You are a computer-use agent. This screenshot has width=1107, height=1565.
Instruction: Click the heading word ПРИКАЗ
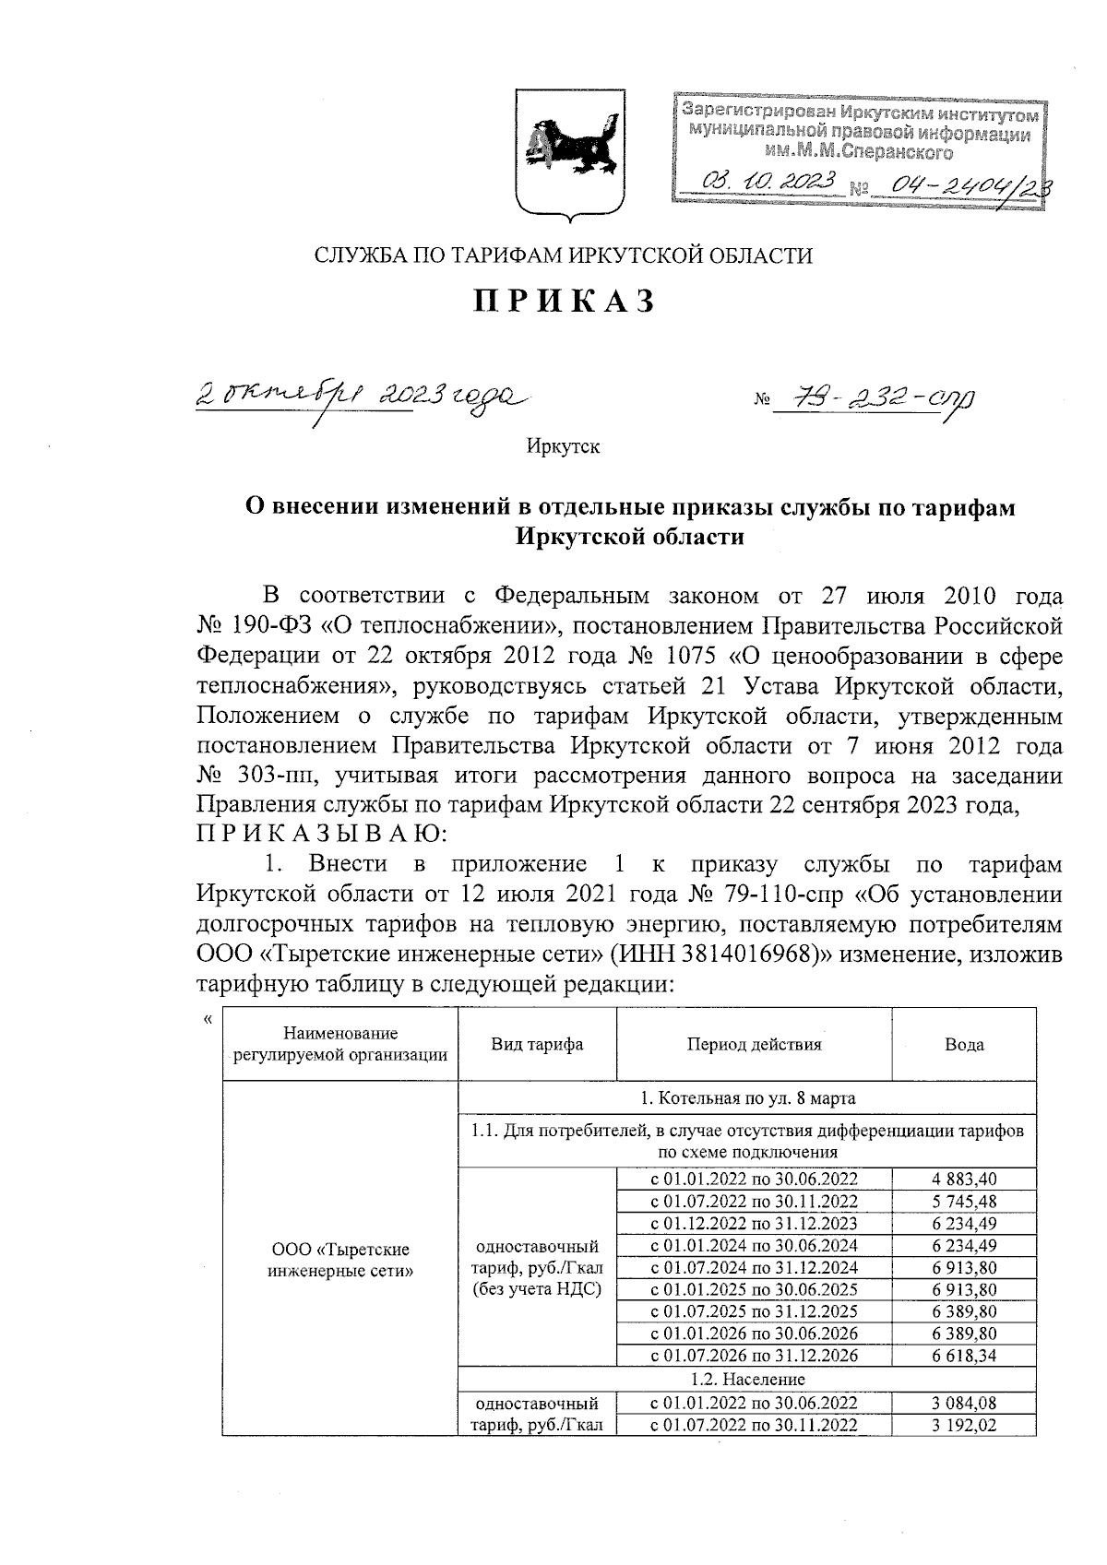coord(565,302)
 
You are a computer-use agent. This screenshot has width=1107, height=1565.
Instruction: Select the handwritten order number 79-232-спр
coord(871,398)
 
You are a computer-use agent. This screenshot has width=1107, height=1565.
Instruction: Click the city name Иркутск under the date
coord(563,447)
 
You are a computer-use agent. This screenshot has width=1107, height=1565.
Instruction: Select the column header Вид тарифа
coord(537,1044)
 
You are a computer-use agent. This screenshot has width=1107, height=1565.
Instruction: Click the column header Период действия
coord(754,1044)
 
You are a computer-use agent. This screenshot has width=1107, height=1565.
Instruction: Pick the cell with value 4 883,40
coord(964,1179)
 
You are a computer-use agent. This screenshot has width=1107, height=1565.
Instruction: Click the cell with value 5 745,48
coord(964,1201)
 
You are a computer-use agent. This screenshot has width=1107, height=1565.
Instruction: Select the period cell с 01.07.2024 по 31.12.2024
coord(754,1267)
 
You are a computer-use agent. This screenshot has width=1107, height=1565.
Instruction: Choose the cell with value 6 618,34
coord(964,1356)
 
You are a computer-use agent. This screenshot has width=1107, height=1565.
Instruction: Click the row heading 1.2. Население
coord(747,1380)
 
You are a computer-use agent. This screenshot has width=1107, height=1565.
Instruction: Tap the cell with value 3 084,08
coord(964,1403)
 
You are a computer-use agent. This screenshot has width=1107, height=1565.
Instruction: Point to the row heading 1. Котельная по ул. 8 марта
coord(747,1098)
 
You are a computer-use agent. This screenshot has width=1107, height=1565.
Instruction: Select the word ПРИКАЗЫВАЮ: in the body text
coord(322,835)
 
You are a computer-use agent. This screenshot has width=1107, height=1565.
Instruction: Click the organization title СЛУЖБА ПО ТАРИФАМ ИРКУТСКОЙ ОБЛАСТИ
coord(563,255)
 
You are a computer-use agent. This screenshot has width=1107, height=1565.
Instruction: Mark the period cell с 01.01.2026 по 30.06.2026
coord(754,1334)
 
